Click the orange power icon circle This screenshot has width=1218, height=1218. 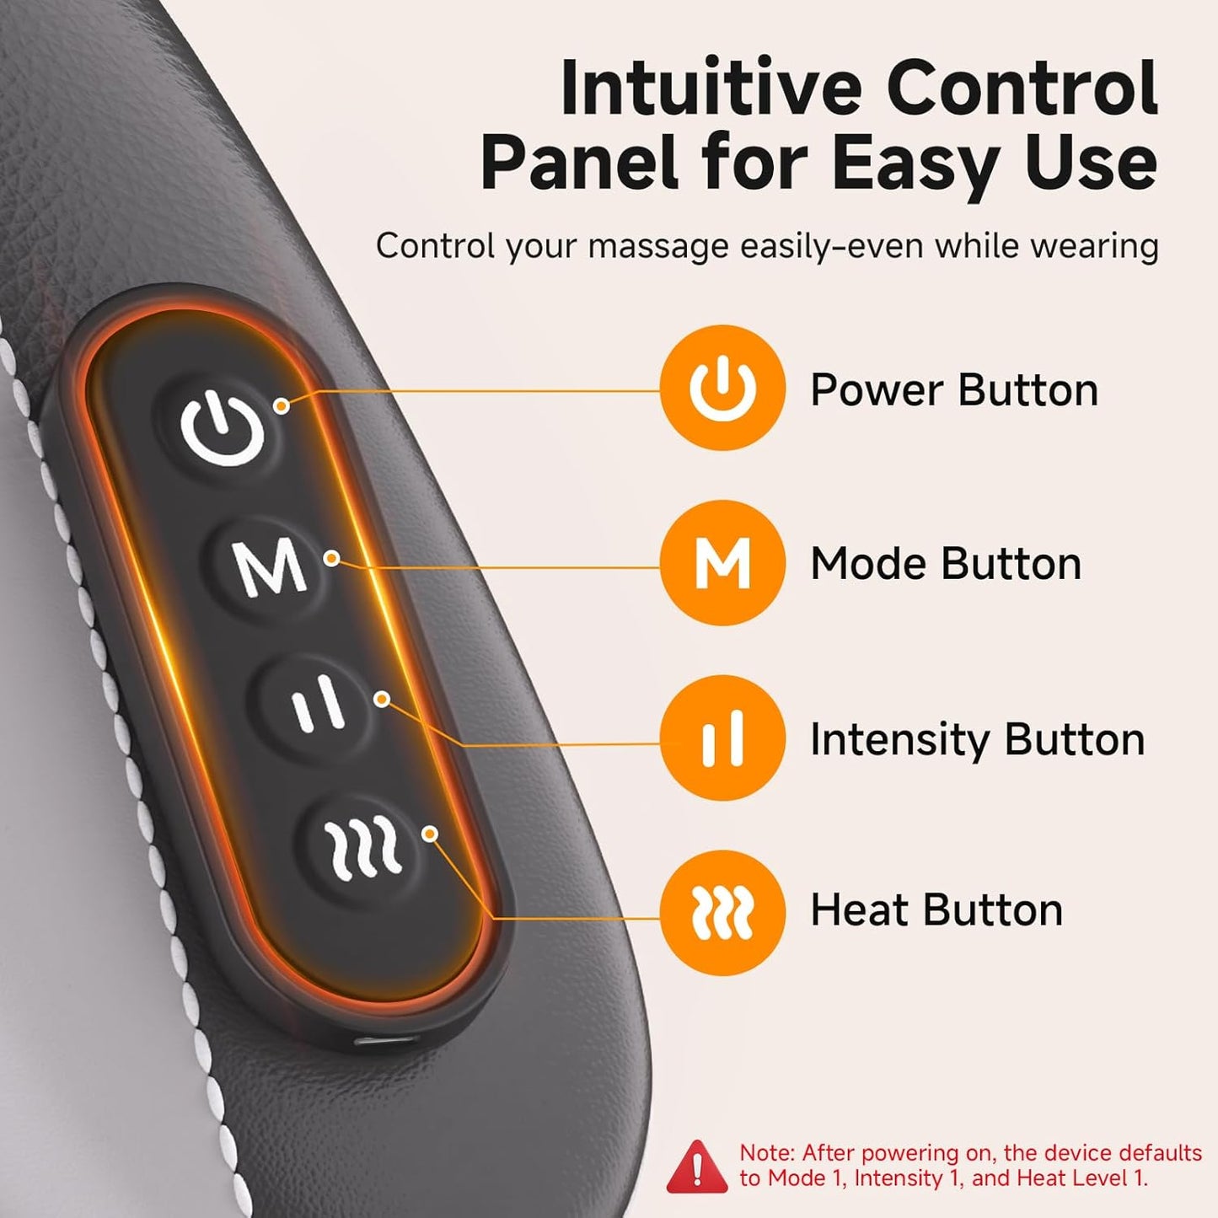click(722, 389)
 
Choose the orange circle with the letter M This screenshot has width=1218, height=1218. click(722, 563)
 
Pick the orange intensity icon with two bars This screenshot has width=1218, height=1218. click(722, 738)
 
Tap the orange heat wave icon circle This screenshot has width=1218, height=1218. click(722, 913)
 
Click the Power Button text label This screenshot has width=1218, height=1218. click(953, 390)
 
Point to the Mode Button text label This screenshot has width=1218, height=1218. click(945, 564)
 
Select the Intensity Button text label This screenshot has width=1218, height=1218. click(977, 739)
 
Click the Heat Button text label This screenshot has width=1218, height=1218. click(936, 910)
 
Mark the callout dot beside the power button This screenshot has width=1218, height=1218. click(282, 405)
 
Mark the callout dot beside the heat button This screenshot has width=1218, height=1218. click(430, 834)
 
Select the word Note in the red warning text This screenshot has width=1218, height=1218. click(766, 1152)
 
